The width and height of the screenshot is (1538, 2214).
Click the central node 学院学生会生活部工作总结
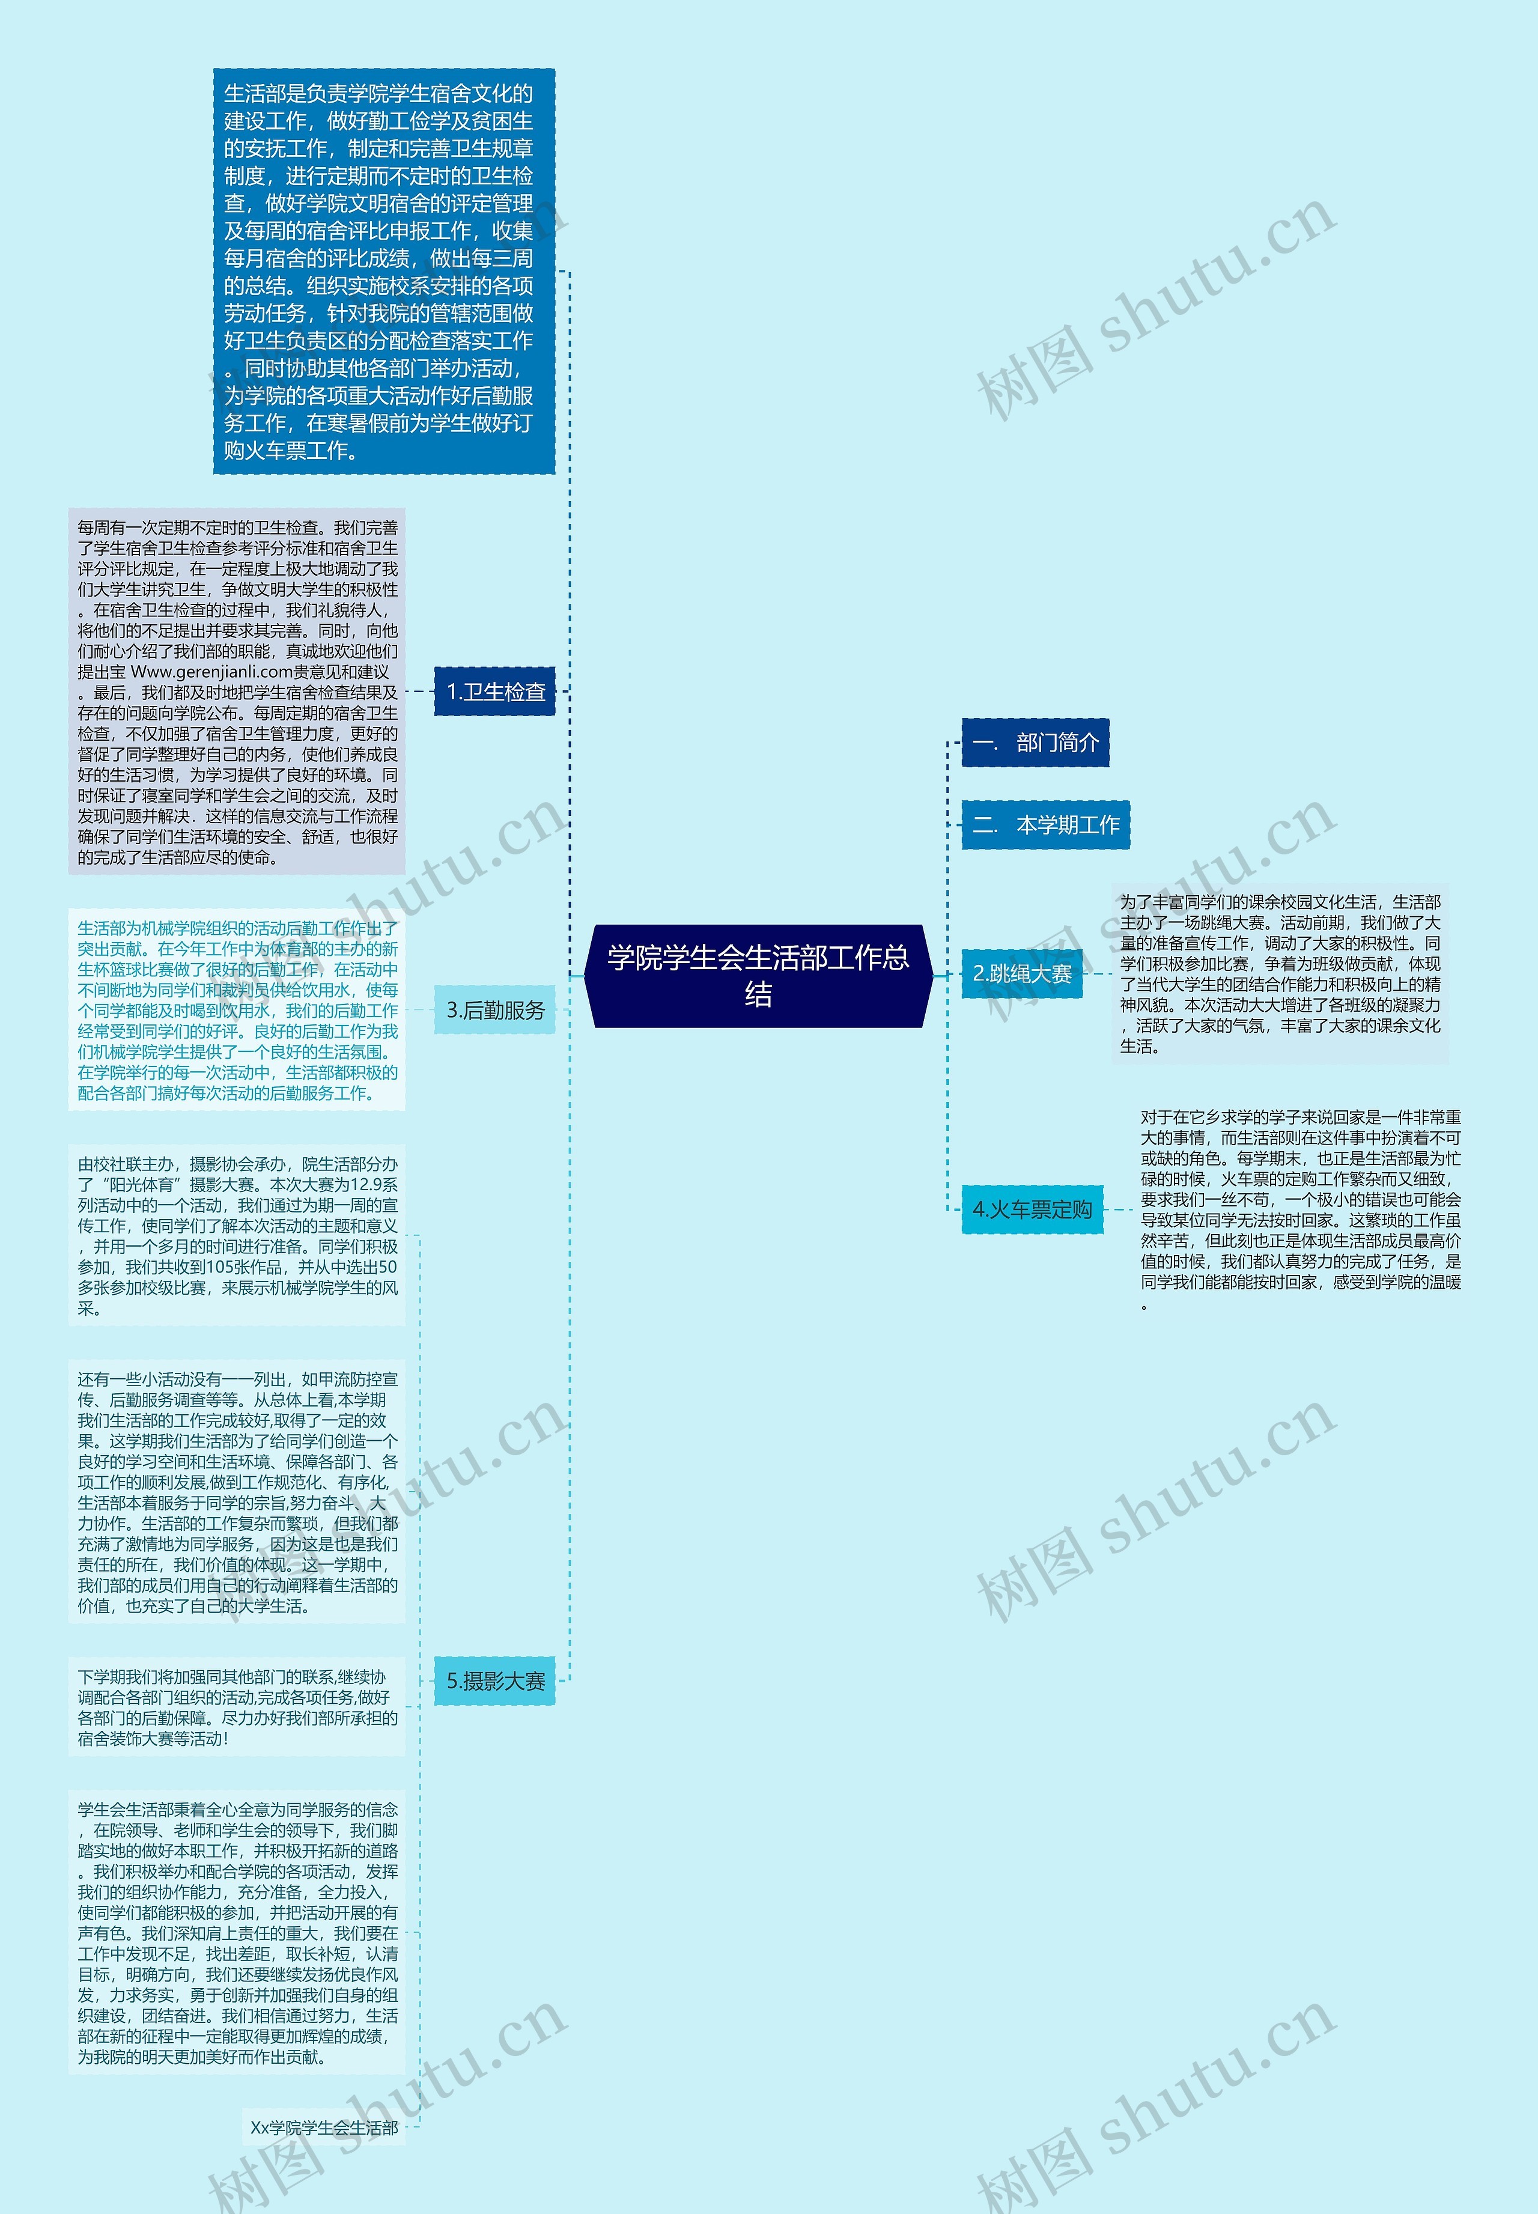[x=758, y=975]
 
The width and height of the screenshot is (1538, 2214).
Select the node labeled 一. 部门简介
[x=1035, y=743]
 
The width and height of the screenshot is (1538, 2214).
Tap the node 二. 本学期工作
[x=1045, y=825]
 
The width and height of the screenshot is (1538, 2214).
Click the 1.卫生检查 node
[x=495, y=691]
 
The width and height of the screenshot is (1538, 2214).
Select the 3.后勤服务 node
[x=495, y=1010]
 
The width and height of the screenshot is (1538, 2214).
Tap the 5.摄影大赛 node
[x=495, y=1681]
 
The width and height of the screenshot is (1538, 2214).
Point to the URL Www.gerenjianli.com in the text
[x=211, y=672]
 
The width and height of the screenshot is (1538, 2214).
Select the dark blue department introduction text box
[x=383, y=271]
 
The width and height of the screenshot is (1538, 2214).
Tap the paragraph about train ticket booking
[x=1300, y=1209]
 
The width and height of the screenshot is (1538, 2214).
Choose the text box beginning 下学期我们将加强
[x=237, y=1708]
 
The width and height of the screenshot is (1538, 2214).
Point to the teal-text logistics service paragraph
[x=237, y=1010]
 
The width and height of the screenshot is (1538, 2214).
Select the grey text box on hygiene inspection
[x=237, y=691]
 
